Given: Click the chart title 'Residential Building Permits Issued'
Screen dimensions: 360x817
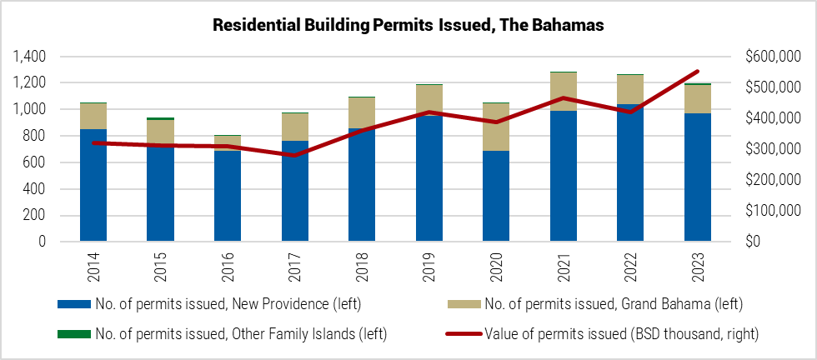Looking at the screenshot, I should coord(408,26).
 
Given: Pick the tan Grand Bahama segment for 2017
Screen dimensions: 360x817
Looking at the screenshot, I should coord(294,127).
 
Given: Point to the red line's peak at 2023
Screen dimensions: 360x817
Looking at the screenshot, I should coord(697,72).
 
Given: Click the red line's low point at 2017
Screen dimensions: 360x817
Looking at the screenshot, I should coord(294,155).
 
